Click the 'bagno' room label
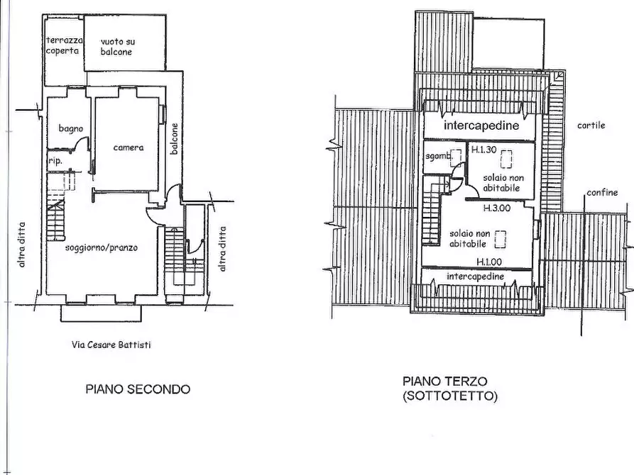pyautogui.click(x=71, y=128)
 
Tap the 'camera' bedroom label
pyautogui.click(x=129, y=147)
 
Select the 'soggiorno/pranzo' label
pyautogui.click(x=102, y=247)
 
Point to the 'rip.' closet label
pyautogui.click(x=55, y=161)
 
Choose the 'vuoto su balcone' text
pyautogui.click(x=117, y=47)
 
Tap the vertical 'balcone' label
pyautogui.click(x=174, y=138)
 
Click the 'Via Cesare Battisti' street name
pyautogui.click(x=111, y=345)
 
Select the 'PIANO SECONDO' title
pyautogui.click(x=138, y=389)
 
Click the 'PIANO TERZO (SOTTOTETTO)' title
pyautogui.click(x=449, y=389)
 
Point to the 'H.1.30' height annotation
pyautogui.click(x=484, y=150)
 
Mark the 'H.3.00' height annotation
pyautogui.click(x=497, y=208)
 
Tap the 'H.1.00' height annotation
pyautogui.click(x=489, y=262)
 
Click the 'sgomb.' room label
pyautogui.click(x=438, y=156)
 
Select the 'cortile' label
pyautogui.click(x=591, y=125)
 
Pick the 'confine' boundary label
pyautogui.click(x=602, y=192)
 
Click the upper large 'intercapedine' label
pyautogui.click(x=481, y=125)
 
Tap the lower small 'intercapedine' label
pyautogui.click(x=476, y=276)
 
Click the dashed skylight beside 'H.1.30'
pyautogui.click(x=506, y=159)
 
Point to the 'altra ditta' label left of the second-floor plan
pyautogui.click(x=22, y=245)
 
